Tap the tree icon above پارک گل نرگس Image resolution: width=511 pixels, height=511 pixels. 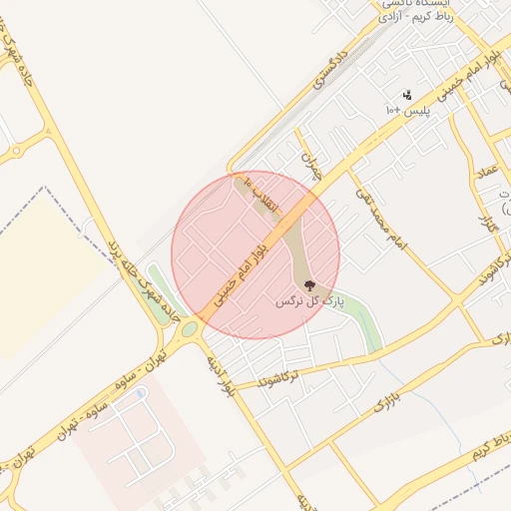coord(308,285)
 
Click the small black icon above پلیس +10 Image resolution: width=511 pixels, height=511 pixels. coord(407,96)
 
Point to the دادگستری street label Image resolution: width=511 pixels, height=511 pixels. coord(329,67)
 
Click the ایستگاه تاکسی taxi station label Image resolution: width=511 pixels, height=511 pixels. coord(417,5)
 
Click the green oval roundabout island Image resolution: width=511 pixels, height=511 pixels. coord(189,328)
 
